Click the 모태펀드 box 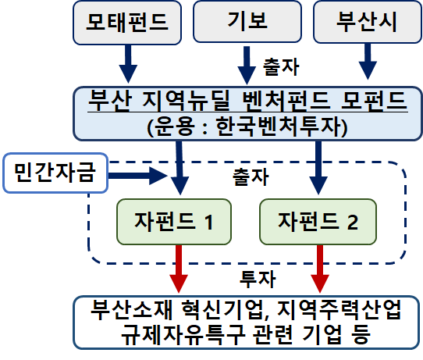pos(127,23)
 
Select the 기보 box pos(247,21)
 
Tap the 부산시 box pos(368,22)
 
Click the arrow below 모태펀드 pos(128,64)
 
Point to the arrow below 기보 pos(247,66)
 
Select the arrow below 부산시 pos(368,62)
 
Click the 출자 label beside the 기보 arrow pos(281,66)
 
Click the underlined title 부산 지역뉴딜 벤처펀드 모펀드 pos(247,101)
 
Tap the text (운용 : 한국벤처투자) pos(247,127)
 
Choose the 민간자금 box pos(55,173)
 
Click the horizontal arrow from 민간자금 pos(138,176)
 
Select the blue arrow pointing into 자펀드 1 pos(180,168)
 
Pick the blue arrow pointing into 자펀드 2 pos(318,168)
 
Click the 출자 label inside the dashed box pos(251,176)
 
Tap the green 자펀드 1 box pos(174,222)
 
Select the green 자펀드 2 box pos(318,222)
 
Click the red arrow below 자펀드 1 pos(179,269)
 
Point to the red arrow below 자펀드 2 pos(320,269)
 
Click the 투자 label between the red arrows pos(258,279)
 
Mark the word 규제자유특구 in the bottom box pos(183,335)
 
